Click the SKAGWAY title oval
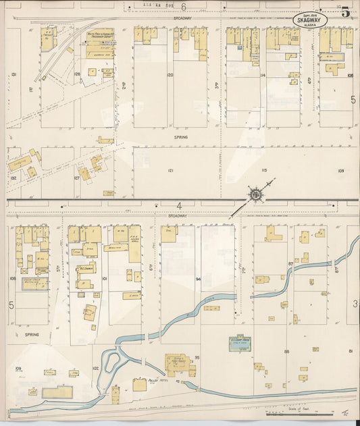pos(310,20)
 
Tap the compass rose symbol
pos(256,194)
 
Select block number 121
pos(170,171)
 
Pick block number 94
pos(199,278)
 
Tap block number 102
pos(96,369)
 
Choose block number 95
pos(197,356)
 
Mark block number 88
pos(287,351)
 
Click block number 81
pos(351,351)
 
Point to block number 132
pos(14,178)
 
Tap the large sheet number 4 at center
pos(180,205)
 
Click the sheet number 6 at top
pos(182,5)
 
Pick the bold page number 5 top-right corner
pos(345,11)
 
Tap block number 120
pos(170,74)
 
